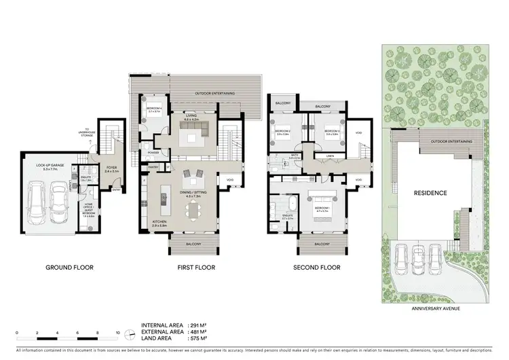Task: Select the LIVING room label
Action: click(x=192, y=118)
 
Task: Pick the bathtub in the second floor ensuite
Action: click(x=291, y=204)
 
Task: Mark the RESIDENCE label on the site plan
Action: click(x=431, y=193)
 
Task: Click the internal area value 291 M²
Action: click(x=202, y=325)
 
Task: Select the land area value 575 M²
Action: click(x=202, y=338)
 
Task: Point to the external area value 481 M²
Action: click(x=202, y=331)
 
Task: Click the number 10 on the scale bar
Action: click(x=118, y=333)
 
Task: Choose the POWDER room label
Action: click(x=153, y=153)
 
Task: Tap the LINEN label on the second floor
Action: click(x=330, y=156)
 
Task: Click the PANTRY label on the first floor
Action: click(x=153, y=166)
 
